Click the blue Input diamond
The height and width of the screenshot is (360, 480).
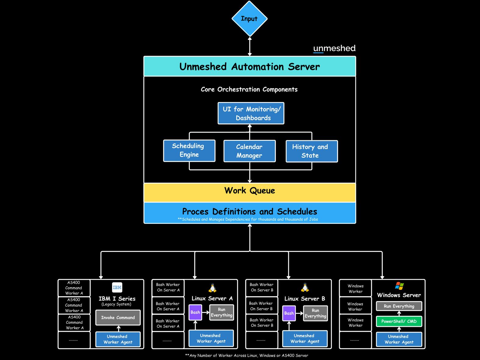[x=249, y=19]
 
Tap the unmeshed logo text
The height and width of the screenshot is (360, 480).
[x=334, y=48]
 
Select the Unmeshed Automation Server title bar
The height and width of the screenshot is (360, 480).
[x=250, y=66]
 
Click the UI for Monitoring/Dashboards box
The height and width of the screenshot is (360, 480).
[x=251, y=113]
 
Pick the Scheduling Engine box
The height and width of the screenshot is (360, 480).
[x=189, y=150]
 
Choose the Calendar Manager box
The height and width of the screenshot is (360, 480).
[x=249, y=151]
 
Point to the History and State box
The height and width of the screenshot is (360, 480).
[x=311, y=151]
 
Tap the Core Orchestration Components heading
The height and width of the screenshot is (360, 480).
[x=249, y=90]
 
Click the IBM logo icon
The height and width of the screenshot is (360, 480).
[x=117, y=287]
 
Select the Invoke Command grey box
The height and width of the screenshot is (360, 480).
[x=118, y=318]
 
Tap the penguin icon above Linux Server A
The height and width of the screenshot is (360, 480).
[x=212, y=288]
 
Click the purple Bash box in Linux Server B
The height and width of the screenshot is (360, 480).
[x=289, y=313]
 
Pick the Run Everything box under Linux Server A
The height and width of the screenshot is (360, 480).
[x=222, y=312]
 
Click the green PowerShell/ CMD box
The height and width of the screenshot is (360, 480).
[x=399, y=321]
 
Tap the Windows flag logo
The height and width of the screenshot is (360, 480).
[x=399, y=286]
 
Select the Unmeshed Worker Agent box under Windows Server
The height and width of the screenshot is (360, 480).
[x=399, y=339]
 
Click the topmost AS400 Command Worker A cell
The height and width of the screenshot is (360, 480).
[x=74, y=288]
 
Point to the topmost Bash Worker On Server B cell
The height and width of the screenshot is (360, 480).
[x=261, y=288]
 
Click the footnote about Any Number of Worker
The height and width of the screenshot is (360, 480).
[x=247, y=355]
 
